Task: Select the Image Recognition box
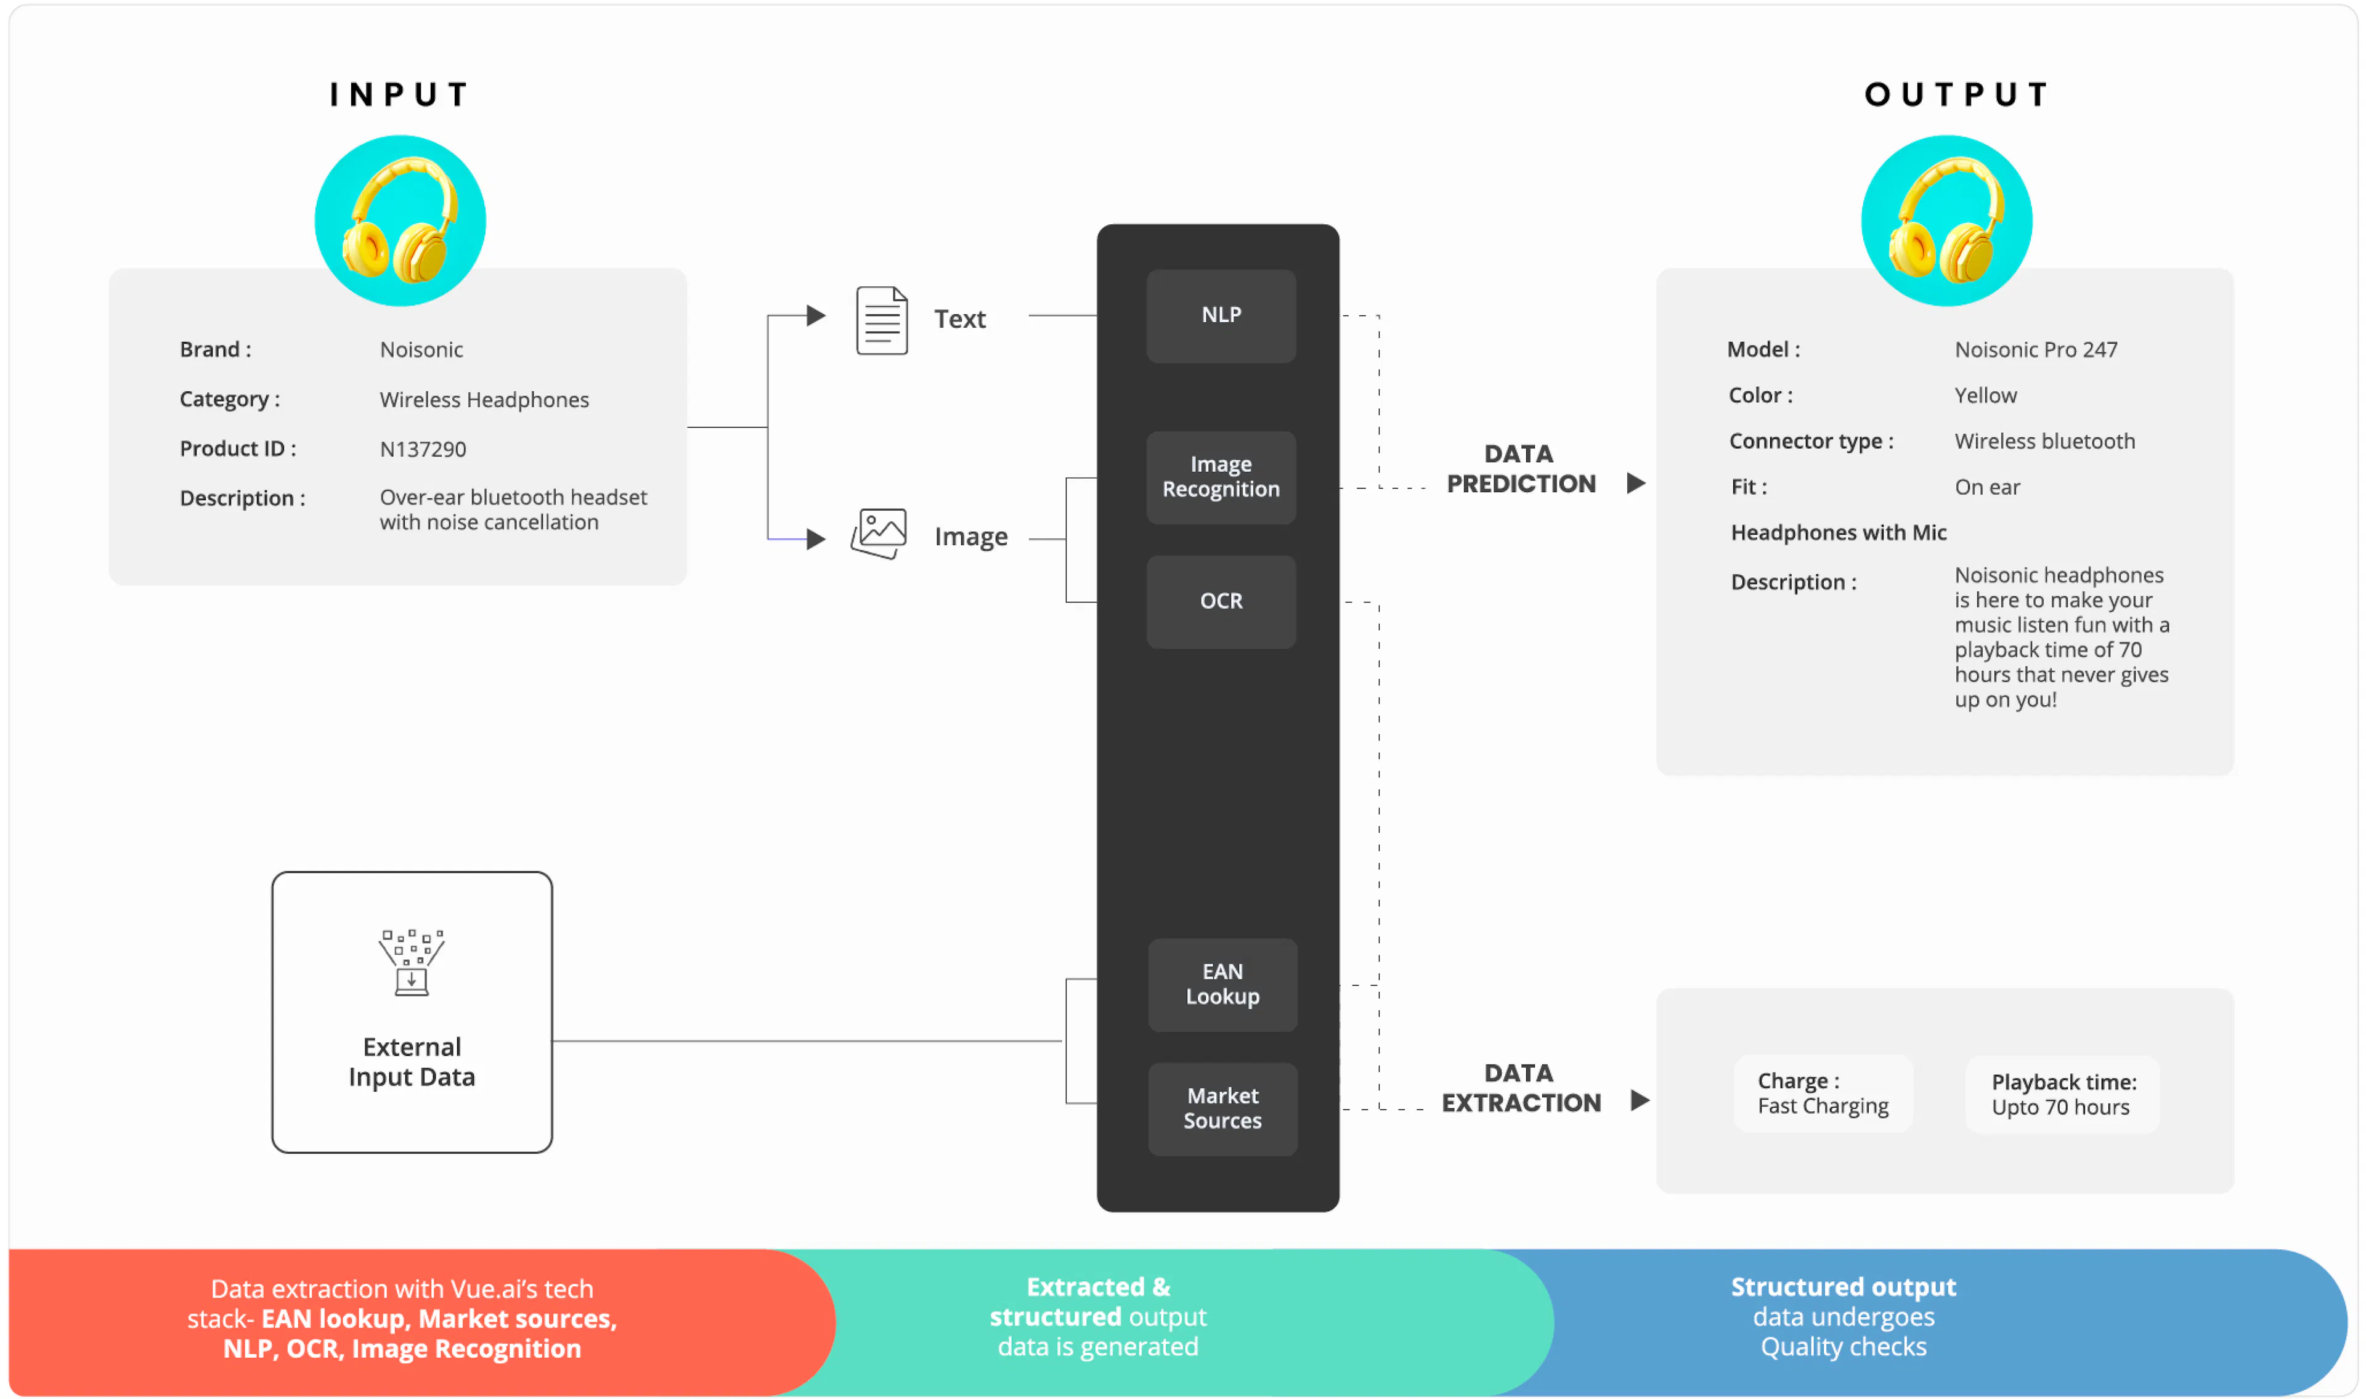[x=1221, y=477]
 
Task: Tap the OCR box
[x=1221, y=601]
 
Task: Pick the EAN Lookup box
[x=1222, y=984]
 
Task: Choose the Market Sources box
[x=1222, y=1109]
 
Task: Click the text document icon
[x=881, y=320]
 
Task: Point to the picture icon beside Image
[x=879, y=533]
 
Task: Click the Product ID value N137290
[x=422, y=450]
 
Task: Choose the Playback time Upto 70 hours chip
[x=2062, y=1095]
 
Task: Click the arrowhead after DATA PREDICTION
[x=1636, y=484]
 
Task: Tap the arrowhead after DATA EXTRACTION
[x=1640, y=1100]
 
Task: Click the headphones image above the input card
[x=400, y=221]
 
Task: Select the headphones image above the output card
[x=1946, y=221]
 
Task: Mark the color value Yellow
[x=1985, y=396]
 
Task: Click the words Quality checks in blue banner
[x=1843, y=1347]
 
